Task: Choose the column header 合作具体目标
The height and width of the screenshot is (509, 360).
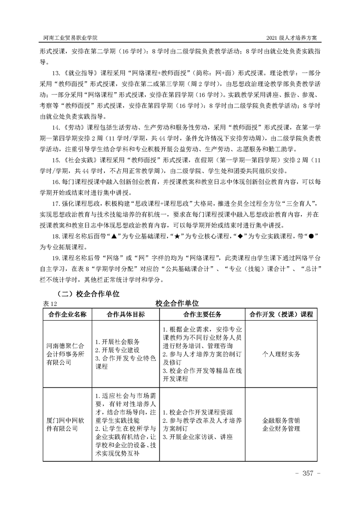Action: point(125,314)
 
